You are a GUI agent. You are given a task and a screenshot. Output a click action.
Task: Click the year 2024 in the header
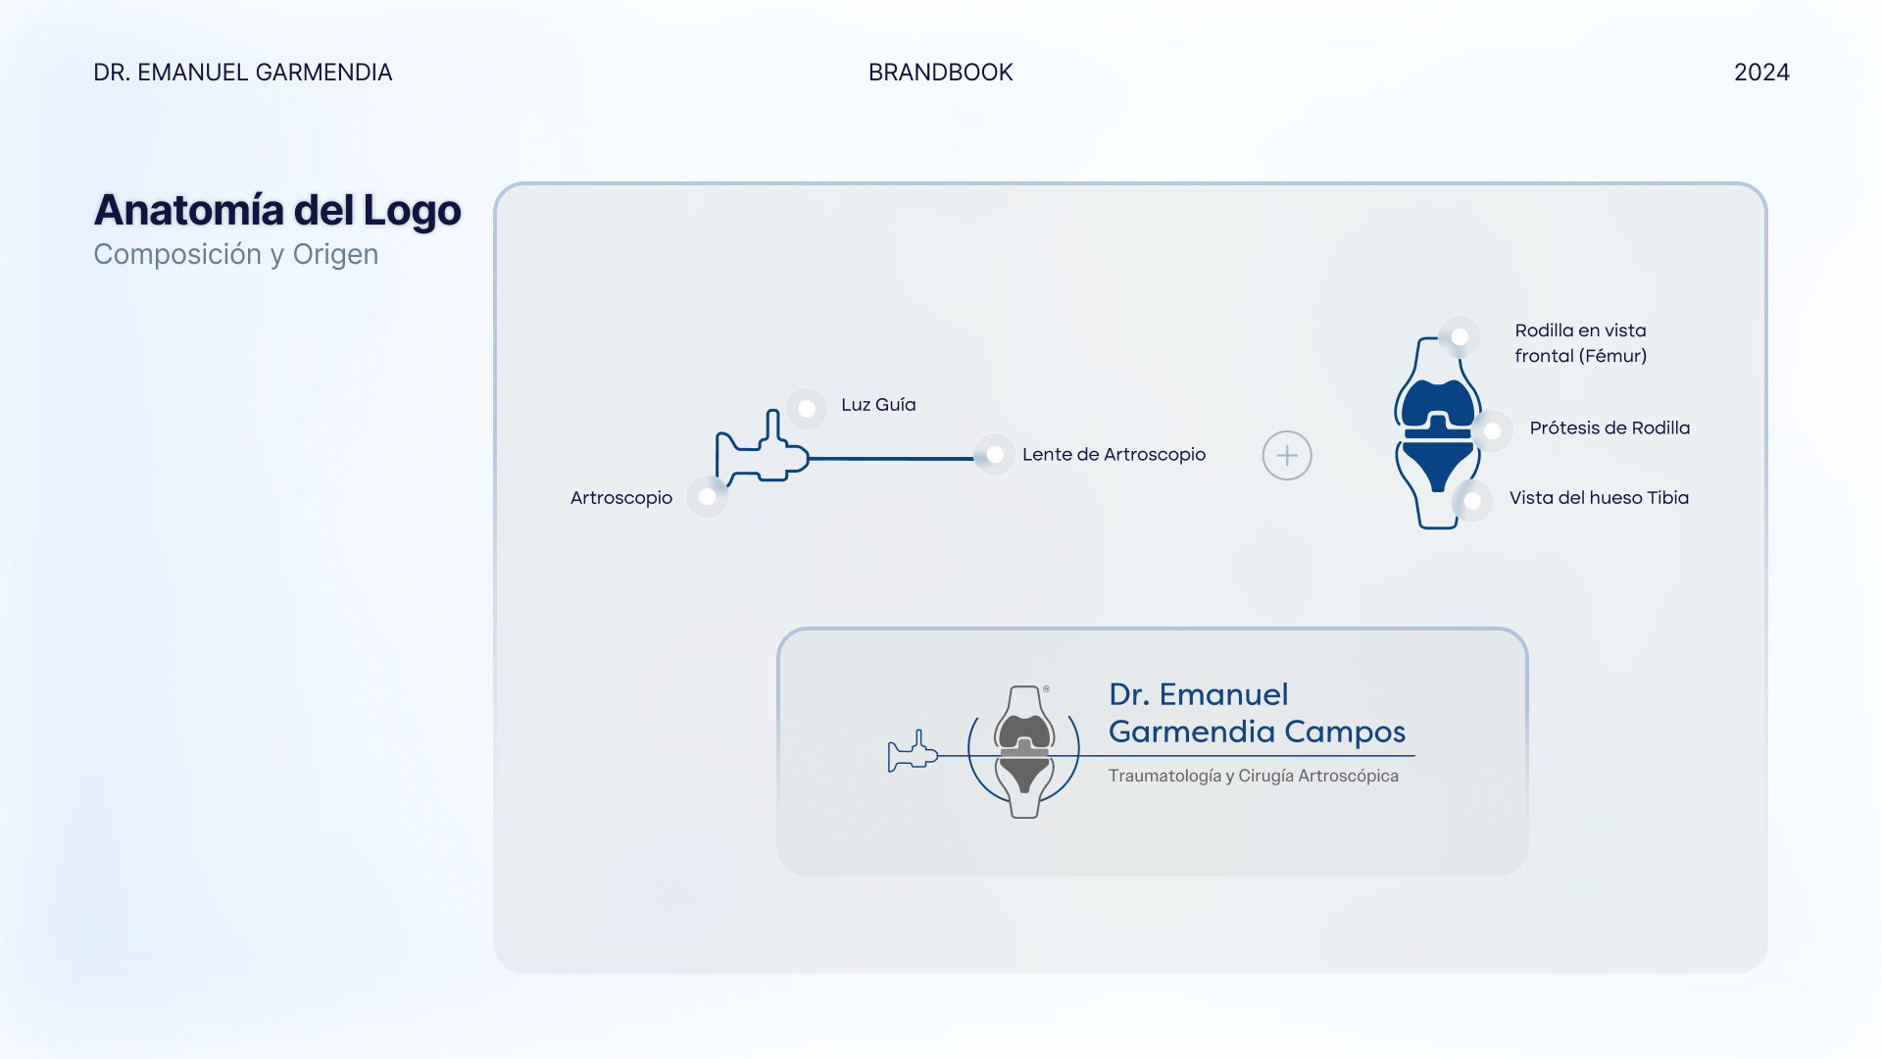point(1761,73)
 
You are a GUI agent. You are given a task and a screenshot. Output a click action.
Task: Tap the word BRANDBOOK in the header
point(941,73)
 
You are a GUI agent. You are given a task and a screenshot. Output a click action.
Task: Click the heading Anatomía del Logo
point(277,210)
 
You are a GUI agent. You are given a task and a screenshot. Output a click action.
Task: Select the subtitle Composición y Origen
point(236,254)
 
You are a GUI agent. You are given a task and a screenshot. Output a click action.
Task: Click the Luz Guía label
point(878,404)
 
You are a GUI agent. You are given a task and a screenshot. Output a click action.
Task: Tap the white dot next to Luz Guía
point(807,408)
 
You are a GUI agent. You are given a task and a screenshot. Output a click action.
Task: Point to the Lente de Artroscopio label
point(1114,454)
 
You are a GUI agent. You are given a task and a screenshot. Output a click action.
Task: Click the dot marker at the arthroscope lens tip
point(995,454)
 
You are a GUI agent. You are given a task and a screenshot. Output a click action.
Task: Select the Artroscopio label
point(621,497)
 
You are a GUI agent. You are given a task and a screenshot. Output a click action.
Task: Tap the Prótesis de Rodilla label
point(1610,428)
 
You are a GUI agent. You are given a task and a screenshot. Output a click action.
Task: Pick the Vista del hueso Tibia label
point(1599,497)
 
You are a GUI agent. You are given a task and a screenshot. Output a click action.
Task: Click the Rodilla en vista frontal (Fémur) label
point(1580,343)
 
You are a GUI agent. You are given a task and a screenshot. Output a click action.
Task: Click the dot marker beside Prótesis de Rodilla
point(1493,430)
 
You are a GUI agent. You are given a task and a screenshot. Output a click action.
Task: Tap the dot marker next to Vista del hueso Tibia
point(1472,501)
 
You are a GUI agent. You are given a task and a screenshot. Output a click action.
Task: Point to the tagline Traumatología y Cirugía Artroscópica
point(1253,776)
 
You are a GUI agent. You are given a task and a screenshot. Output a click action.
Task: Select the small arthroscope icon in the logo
point(913,752)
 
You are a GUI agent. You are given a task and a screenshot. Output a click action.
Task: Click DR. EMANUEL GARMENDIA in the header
point(243,73)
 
